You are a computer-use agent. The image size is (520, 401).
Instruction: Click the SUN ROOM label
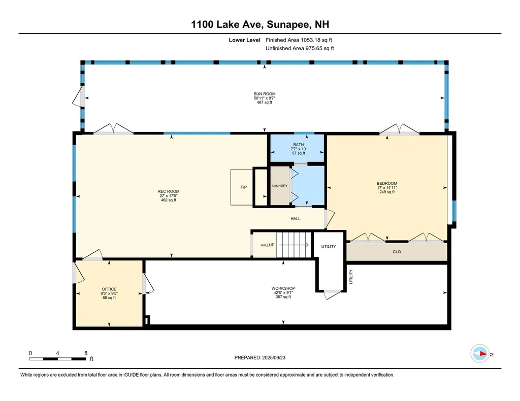[x=265, y=94]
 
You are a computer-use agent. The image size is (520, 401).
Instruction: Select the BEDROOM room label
[x=386, y=183]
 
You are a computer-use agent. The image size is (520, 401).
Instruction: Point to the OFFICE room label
[x=109, y=289]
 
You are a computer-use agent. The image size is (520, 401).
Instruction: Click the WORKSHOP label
[x=283, y=288]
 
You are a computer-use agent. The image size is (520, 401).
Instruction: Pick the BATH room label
[x=298, y=144]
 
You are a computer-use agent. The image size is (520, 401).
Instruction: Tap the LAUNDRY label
[x=279, y=186]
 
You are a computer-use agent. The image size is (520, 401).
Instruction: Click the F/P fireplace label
[x=243, y=188]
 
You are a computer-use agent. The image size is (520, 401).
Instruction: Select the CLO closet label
[x=397, y=252]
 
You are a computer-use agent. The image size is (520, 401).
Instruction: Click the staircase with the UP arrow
[x=295, y=245]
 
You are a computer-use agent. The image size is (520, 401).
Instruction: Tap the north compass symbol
[x=480, y=354]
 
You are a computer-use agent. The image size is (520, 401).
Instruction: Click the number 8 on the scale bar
[x=86, y=353]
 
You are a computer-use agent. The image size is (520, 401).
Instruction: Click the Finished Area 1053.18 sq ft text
[x=299, y=40]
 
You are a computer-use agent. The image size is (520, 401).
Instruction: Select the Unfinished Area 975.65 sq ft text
[x=300, y=48]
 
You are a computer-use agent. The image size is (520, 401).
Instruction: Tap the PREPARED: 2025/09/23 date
[x=264, y=357]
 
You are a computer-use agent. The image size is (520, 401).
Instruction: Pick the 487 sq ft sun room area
[x=265, y=103]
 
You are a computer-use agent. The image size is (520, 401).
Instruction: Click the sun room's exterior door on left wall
[x=79, y=96]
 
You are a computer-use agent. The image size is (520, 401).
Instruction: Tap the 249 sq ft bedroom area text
[x=386, y=192]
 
